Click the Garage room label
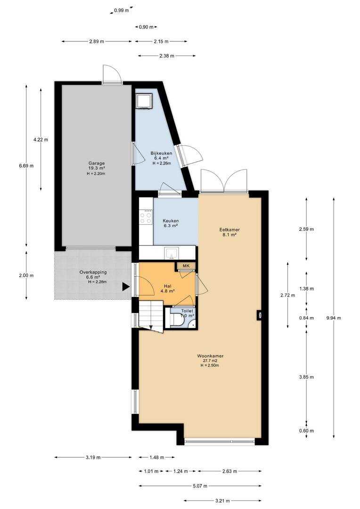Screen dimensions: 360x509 [97, 163]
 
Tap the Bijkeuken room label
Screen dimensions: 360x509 [161, 153]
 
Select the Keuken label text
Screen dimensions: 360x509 [171, 221]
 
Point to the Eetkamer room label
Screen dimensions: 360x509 [229, 230]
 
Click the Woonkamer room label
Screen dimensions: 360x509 [210, 356]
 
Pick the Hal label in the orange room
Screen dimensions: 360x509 [168, 287]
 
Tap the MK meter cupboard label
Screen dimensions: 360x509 [186, 266]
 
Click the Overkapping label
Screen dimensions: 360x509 [93, 272]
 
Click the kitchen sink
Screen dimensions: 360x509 [172, 253]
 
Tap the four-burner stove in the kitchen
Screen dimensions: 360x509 [146, 216]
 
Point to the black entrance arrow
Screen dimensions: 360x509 [126, 287]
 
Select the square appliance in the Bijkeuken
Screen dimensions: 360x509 [144, 101]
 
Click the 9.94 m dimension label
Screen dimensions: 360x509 [334, 318]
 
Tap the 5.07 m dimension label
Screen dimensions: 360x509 [200, 486]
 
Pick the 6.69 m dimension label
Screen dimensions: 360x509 [26, 165]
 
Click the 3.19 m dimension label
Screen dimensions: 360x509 [93, 457]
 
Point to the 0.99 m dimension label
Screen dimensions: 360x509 [122, 10]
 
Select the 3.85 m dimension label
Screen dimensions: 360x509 [306, 377]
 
